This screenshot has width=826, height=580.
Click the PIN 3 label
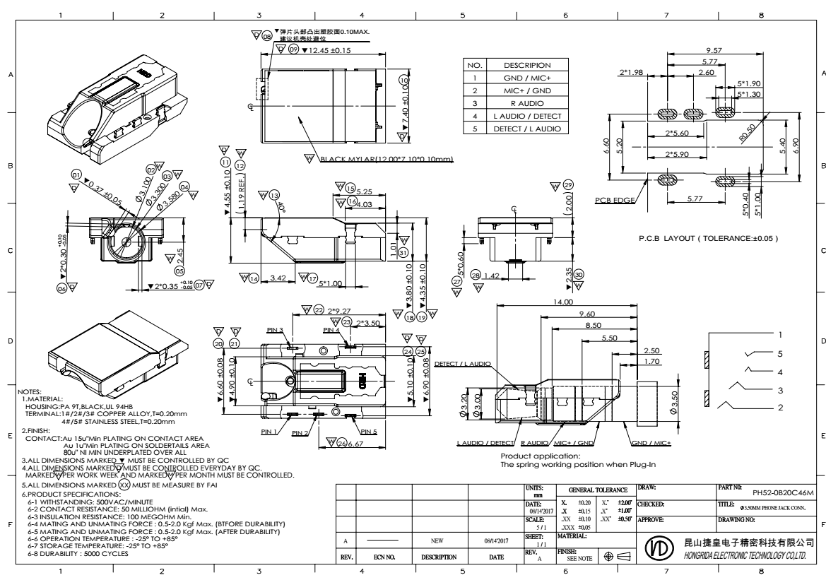275,330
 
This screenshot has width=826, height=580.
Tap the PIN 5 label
369,431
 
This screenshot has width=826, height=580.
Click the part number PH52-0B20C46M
784,492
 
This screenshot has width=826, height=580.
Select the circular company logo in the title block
656,547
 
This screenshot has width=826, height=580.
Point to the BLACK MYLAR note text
386,159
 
